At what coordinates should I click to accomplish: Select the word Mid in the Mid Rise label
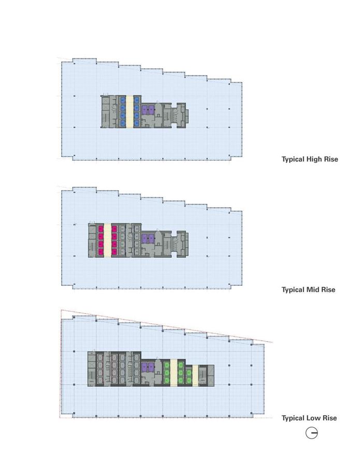(x=313, y=290)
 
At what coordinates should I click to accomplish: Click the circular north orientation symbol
(x=311, y=433)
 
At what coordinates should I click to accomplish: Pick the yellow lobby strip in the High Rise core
(x=129, y=111)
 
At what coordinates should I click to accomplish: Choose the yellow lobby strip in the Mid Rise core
(x=107, y=240)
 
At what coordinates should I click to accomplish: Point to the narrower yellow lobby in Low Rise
(x=195, y=376)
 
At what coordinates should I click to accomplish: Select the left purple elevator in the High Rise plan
(x=145, y=110)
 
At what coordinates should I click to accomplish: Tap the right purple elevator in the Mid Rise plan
(x=151, y=238)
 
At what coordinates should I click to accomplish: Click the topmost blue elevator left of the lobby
(x=122, y=99)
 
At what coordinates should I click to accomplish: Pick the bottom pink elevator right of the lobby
(x=114, y=252)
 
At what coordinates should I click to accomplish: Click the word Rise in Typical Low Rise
(x=330, y=418)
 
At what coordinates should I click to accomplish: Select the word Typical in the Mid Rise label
(x=293, y=290)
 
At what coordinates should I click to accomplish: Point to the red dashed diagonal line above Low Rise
(x=167, y=326)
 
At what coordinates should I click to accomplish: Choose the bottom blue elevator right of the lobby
(x=136, y=123)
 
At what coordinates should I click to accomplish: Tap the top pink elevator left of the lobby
(x=100, y=229)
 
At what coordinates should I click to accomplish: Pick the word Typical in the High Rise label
(x=293, y=159)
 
